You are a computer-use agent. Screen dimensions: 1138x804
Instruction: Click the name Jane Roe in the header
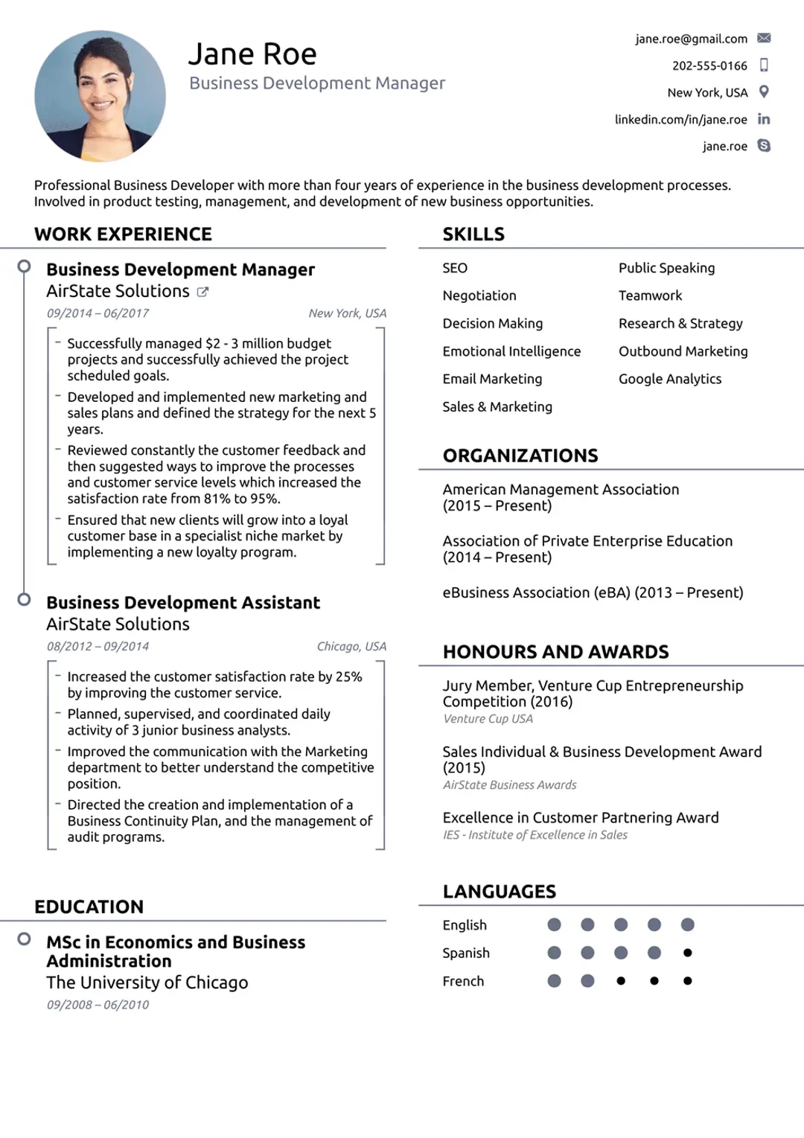252,54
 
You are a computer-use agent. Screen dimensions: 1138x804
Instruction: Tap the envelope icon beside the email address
764,38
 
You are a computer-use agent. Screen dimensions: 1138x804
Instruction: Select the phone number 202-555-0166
709,65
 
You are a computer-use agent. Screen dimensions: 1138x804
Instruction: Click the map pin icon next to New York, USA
764,92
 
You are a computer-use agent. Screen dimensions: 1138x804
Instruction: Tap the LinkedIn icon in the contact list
764,119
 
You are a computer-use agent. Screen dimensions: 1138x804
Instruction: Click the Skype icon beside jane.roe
764,145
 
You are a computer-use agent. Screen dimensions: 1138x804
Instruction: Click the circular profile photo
100,95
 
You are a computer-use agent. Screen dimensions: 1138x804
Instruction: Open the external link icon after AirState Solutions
202,292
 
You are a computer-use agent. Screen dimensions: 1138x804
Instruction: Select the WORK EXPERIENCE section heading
123,234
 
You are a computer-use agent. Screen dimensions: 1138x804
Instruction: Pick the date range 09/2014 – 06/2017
98,313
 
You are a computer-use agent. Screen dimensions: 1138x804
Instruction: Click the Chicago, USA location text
351,646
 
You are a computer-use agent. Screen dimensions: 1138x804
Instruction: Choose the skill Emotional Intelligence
511,351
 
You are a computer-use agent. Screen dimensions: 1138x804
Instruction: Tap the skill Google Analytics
670,379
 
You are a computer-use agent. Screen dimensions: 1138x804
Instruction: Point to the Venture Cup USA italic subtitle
488,719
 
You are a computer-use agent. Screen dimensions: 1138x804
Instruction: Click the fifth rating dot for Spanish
687,953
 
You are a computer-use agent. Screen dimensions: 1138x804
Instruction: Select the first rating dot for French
554,981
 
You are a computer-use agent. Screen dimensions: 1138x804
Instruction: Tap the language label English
465,925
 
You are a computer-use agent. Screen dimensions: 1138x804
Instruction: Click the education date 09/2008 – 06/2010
98,1005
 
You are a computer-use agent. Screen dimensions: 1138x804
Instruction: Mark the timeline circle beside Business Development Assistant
25,599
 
